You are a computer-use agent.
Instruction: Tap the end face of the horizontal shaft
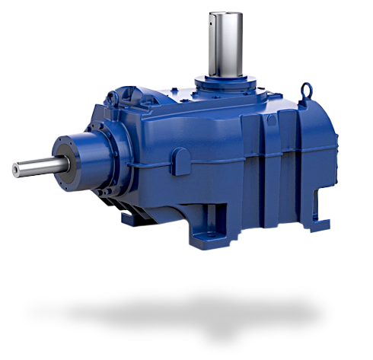click(13, 170)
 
